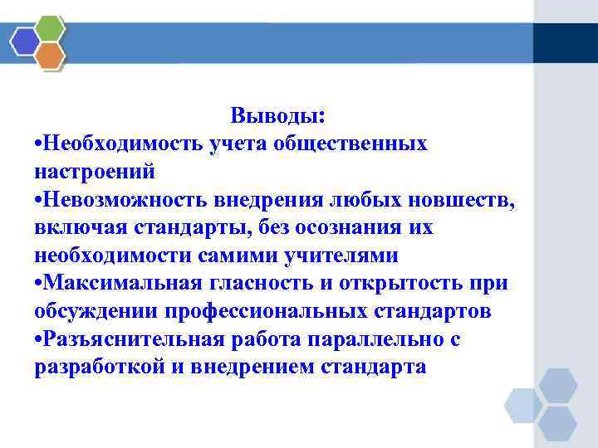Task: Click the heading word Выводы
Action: pos(277,114)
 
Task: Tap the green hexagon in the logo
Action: pos(51,28)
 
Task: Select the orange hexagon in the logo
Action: pos(51,56)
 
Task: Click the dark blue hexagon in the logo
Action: pos(25,41)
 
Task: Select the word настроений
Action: pos(95,172)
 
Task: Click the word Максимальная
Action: pos(121,283)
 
